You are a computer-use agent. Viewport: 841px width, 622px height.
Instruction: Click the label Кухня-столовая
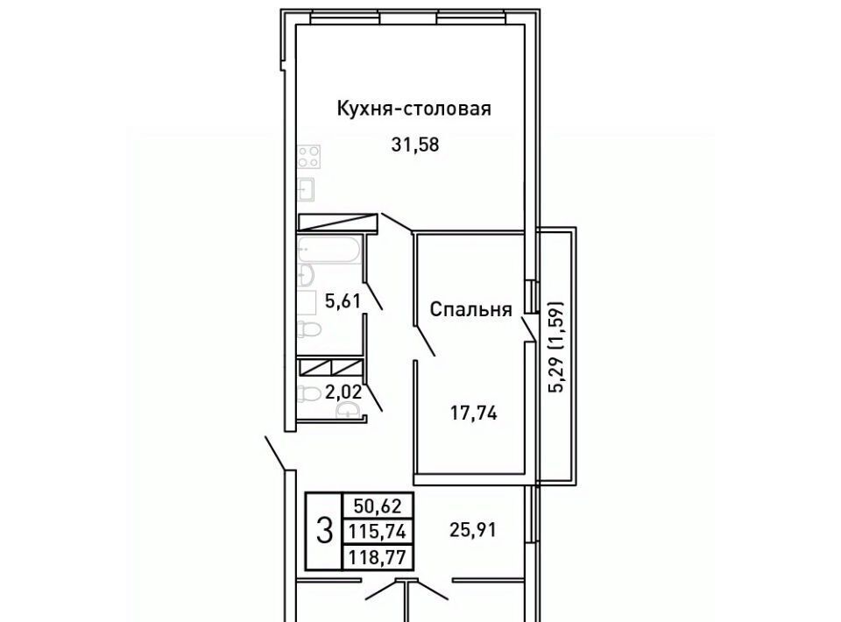pos(413,109)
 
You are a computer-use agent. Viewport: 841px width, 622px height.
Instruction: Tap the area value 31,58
pos(415,145)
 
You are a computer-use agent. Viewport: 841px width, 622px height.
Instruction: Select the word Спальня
pos(470,309)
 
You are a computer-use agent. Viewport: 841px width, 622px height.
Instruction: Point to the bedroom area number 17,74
pos(472,413)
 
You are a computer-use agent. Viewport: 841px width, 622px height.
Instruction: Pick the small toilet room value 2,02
pos(343,392)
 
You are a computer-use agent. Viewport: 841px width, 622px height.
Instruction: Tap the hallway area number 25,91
pos(472,530)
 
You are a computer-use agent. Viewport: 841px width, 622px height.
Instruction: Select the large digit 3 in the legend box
pos(324,530)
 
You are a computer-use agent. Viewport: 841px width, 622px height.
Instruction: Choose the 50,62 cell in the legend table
pos(378,505)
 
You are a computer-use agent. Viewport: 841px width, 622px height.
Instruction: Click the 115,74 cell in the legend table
pos(378,532)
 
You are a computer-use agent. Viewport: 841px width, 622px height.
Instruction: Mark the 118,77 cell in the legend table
pos(378,556)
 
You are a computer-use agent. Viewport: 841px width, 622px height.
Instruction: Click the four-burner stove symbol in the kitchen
pos(309,157)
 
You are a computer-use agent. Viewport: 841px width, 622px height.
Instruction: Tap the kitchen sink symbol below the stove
pos(307,189)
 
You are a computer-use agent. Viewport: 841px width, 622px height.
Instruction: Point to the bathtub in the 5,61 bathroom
pos(329,250)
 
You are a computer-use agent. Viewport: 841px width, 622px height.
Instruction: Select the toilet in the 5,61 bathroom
pos(308,329)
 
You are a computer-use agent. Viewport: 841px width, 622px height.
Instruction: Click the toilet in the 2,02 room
pos(307,394)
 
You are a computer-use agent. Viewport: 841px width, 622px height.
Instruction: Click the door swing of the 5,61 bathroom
pos(373,296)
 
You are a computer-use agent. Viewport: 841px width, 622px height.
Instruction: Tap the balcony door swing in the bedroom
pos(529,328)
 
